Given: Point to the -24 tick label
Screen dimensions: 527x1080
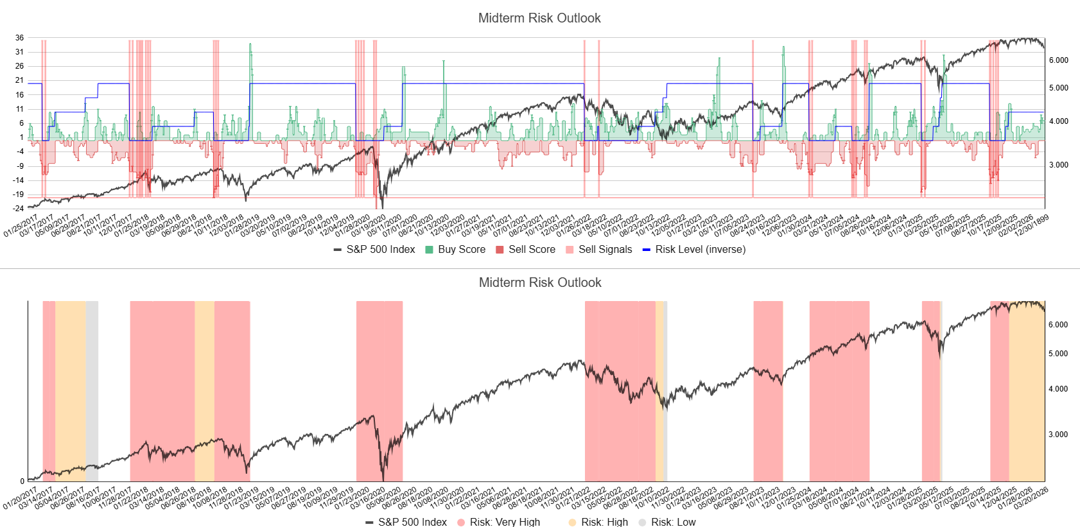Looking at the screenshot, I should click(19, 209).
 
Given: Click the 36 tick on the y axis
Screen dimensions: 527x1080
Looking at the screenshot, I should click(20, 38).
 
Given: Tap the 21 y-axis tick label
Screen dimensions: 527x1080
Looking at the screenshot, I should click(20, 80).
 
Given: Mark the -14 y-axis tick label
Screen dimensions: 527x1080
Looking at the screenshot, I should click(19, 180).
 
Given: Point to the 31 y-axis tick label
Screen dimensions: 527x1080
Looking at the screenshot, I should click(20, 52).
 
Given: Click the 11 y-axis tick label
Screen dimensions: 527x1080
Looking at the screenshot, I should click(20, 109).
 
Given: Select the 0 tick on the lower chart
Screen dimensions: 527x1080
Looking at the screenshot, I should click(22, 481).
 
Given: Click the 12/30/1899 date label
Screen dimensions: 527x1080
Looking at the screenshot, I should click(1031, 226).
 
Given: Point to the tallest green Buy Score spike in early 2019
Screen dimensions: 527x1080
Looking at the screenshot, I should click(250, 48).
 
